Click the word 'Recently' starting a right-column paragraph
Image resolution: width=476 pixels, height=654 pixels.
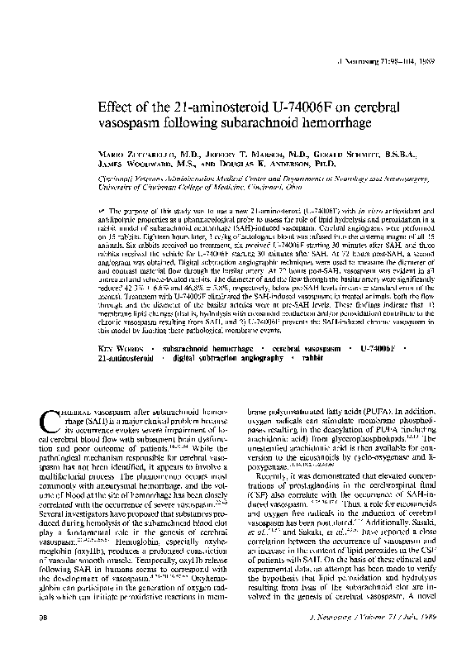(x=274, y=453)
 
